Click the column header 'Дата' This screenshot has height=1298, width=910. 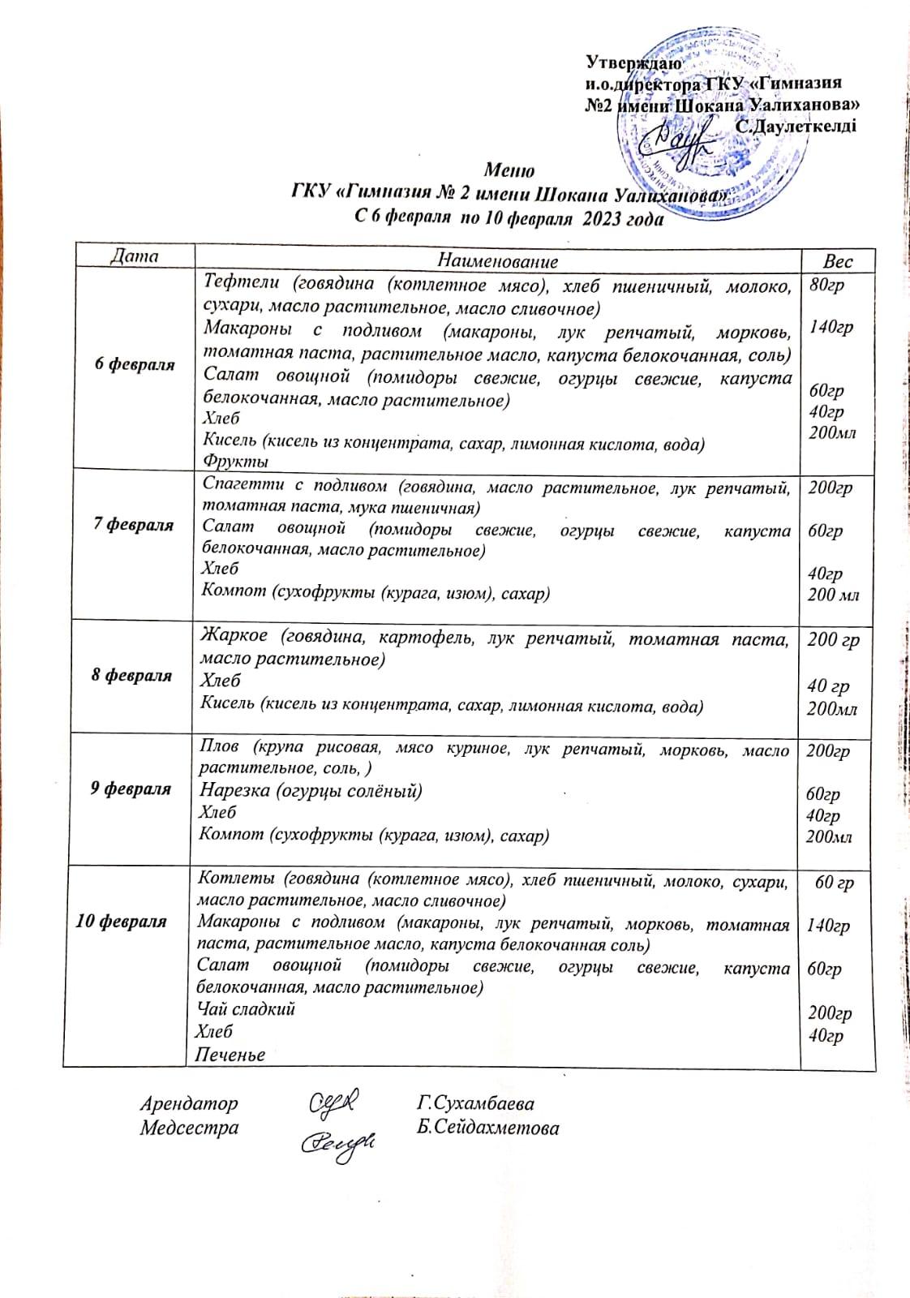pyautogui.click(x=135, y=256)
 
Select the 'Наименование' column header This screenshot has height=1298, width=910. pyautogui.click(x=497, y=260)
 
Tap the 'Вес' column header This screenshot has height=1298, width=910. pyautogui.click(x=838, y=260)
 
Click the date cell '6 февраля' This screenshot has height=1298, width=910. pyautogui.click(x=135, y=363)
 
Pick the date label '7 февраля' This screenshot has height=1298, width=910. pyautogui.click(x=133, y=524)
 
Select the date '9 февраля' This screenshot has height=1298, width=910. pyautogui.click(x=130, y=788)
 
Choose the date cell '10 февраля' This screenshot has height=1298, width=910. pyautogui.click(x=121, y=921)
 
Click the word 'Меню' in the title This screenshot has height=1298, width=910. pyautogui.click(x=509, y=170)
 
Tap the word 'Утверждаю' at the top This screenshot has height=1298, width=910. pyautogui.click(x=633, y=62)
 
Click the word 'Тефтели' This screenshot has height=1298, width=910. pyautogui.click(x=242, y=282)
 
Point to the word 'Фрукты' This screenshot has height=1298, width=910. pyautogui.click(x=235, y=462)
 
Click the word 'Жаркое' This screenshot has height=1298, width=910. pyautogui.click(x=234, y=635)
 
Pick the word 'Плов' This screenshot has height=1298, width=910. pyautogui.click(x=219, y=746)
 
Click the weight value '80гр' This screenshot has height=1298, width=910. pyautogui.click(x=826, y=284)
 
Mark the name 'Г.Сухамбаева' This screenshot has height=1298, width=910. pyautogui.click(x=475, y=1103)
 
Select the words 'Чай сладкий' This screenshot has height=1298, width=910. pyautogui.click(x=247, y=1009)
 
